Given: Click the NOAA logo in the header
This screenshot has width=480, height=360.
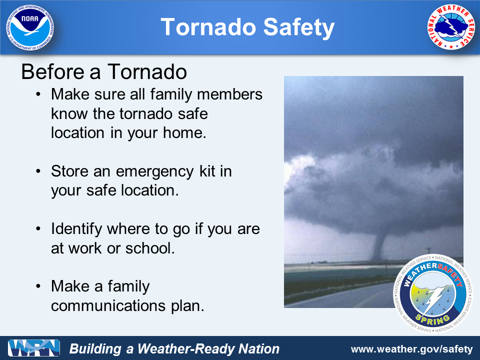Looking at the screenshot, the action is click(30, 27).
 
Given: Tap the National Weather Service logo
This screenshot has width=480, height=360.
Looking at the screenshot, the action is click(450, 27).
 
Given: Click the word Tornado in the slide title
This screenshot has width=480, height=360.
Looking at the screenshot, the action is click(208, 27).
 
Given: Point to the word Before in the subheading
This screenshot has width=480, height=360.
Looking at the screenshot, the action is click(52, 72).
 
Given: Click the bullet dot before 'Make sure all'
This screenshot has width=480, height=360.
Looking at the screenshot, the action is click(38, 94).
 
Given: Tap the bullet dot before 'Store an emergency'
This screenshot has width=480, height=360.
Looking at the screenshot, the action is click(38, 171).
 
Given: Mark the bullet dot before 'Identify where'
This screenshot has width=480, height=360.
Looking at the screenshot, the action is click(38, 228).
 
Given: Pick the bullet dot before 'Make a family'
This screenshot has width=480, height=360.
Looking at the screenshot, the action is click(38, 286).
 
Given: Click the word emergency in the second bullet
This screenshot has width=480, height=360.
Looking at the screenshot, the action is click(155, 171).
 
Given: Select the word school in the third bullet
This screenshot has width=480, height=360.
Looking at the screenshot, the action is click(150, 248).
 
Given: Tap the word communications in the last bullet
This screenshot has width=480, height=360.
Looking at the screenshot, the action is click(108, 305).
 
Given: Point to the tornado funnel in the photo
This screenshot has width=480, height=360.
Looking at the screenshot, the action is click(379, 245).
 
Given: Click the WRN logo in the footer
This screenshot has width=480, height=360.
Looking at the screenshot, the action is click(34, 348).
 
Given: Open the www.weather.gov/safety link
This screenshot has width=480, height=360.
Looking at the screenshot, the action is click(412, 349).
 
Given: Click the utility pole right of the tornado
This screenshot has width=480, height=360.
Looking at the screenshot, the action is click(429, 253).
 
